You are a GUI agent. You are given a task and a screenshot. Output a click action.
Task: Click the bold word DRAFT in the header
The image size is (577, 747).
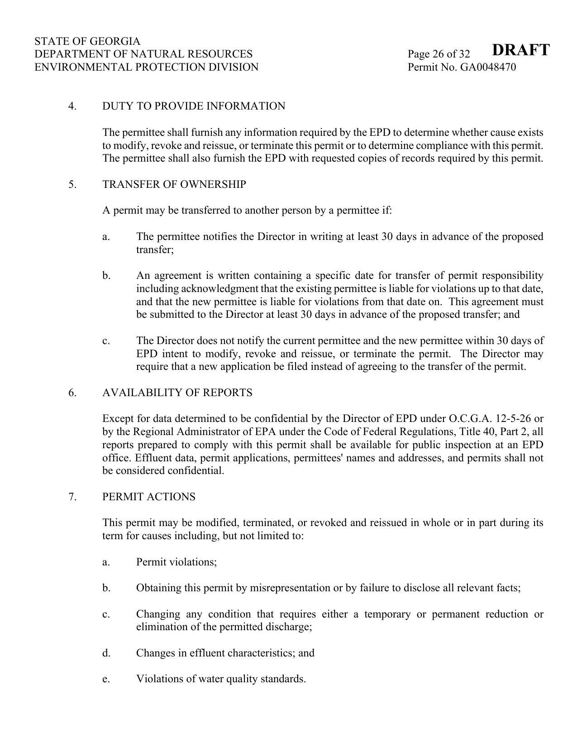pos(520,50)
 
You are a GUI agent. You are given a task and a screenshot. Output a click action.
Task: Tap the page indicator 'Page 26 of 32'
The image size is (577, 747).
pos(439,54)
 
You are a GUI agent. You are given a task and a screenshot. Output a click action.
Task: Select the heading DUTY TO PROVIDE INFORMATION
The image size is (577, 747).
pos(194,106)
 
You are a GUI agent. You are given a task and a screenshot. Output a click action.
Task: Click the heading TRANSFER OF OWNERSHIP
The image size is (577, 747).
pos(174,185)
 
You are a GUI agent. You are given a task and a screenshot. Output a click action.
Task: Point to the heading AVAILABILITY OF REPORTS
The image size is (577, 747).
pos(177,393)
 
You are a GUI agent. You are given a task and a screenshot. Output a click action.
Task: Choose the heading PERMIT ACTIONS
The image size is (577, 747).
pos(149,497)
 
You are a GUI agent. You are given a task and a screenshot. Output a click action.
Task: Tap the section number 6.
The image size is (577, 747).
pos(72,393)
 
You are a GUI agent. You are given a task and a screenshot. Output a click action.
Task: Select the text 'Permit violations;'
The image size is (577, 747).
pos(176,562)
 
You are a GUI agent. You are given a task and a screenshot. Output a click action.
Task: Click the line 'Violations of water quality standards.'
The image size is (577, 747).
pos(221,679)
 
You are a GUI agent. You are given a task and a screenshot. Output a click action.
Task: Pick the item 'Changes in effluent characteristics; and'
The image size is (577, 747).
pos(225,653)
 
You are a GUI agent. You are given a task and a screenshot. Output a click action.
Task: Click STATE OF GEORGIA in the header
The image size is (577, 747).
pos(87,41)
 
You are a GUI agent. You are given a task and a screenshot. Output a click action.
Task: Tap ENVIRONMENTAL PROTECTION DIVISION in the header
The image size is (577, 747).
pos(146,67)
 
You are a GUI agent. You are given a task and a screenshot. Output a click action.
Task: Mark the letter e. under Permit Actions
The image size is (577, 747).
pos(106,679)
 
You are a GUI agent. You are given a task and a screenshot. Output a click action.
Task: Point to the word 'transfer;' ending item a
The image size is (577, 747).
pos(155,250)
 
